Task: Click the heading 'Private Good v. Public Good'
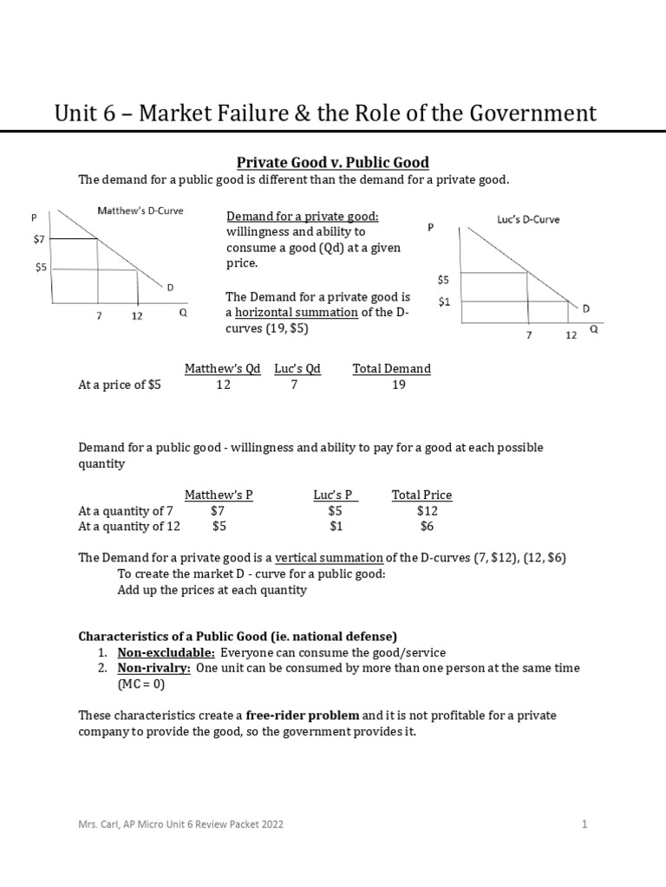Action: click(333, 162)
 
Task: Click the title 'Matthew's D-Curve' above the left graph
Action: click(140, 210)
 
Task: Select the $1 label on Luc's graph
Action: click(444, 301)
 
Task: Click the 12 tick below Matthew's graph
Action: click(137, 316)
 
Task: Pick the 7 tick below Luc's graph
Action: click(528, 334)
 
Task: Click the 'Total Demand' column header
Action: click(391, 368)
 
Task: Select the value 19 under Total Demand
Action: click(398, 385)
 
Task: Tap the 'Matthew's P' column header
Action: click(219, 495)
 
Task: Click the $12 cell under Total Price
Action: click(427, 511)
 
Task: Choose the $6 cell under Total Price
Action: click(427, 527)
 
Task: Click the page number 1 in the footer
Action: click(584, 825)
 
